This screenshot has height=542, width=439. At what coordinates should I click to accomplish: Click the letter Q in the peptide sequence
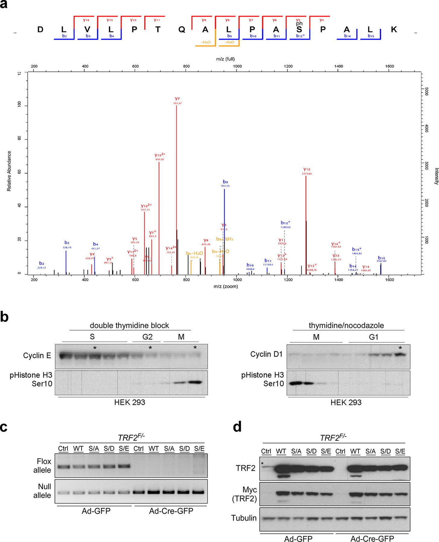(x=182, y=30)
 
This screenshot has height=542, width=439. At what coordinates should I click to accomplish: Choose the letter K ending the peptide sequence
(x=394, y=30)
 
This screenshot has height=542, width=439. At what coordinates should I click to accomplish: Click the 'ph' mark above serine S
(x=299, y=23)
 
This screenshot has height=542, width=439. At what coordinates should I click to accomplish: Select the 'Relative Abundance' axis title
(x=9, y=171)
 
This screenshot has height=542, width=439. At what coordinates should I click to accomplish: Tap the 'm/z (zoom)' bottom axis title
(x=226, y=287)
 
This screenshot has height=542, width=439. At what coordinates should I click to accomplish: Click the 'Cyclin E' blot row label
(x=37, y=356)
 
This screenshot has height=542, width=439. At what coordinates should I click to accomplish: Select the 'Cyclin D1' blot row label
(x=266, y=354)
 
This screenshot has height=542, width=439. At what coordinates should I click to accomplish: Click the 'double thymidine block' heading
(x=129, y=326)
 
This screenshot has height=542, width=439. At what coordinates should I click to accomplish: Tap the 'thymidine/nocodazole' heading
(x=346, y=326)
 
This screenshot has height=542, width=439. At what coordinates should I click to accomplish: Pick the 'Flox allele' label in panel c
(x=42, y=466)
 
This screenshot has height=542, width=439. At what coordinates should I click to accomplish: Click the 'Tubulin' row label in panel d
(x=244, y=518)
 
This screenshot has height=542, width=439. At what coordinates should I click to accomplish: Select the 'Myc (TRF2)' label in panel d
(x=244, y=494)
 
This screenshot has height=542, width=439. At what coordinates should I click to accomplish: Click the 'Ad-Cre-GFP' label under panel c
(x=171, y=511)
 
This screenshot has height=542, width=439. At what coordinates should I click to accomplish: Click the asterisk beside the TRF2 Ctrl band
(x=262, y=464)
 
